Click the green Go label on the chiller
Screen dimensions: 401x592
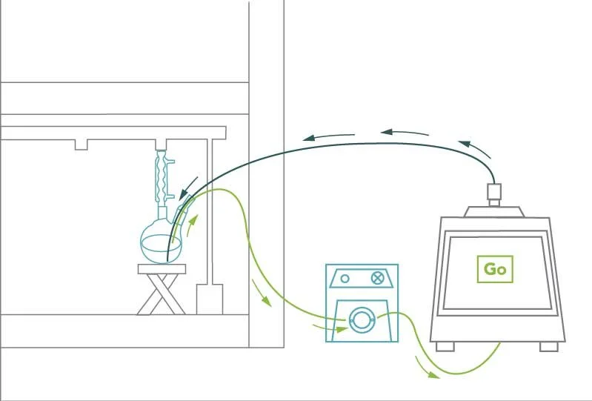pyautogui.click(x=495, y=269)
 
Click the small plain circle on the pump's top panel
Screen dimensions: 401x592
pyautogui.click(x=345, y=279)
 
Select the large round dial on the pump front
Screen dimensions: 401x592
pyautogui.click(x=362, y=319)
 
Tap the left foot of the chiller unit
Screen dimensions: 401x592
pyautogui.click(x=445, y=346)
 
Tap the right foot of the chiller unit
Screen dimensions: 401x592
pyautogui.click(x=548, y=346)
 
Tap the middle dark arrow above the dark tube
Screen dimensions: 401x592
pyautogui.click(x=406, y=133)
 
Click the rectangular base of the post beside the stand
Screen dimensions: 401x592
pyautogui.click(x=210, y=299)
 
